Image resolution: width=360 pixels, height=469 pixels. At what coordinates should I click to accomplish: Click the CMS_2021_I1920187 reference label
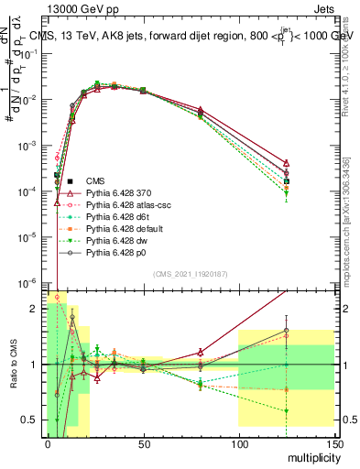(190, 273)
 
